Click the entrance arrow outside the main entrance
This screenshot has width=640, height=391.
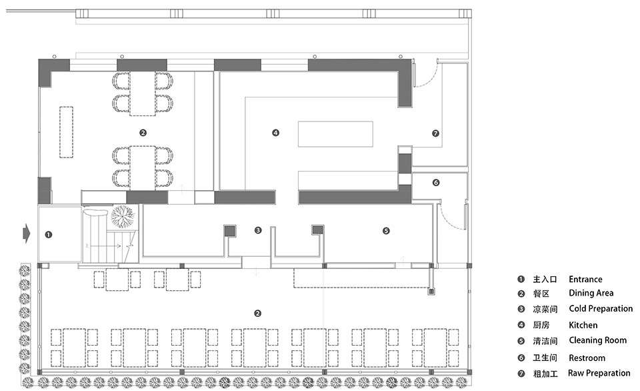coord(27,234)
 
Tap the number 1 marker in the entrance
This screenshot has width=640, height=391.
coord(49,235)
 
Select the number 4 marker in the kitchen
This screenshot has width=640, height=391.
coord(275,133)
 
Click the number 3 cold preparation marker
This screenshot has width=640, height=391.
coord(257,230)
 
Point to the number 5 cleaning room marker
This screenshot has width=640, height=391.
coord(386,231)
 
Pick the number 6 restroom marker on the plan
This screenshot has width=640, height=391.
coord(436,183)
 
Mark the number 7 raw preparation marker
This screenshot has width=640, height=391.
coord(435,133)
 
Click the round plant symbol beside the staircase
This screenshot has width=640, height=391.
coord(123,216)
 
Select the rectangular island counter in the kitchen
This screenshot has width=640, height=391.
coord(335,133)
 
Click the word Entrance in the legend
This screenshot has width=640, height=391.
coord(585,280)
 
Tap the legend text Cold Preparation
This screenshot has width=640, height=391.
coord(601,308)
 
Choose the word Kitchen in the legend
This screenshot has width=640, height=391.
coord(583,325)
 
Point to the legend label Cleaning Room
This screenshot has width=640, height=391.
coord(597,340)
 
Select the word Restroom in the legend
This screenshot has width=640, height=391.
coord(587,358)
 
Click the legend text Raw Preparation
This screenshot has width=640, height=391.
coord(599,373)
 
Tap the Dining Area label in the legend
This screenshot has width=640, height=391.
coord(591,293)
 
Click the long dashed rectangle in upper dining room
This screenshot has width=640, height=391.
coord(66,132)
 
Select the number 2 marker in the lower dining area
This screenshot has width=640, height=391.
coord(257,314)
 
